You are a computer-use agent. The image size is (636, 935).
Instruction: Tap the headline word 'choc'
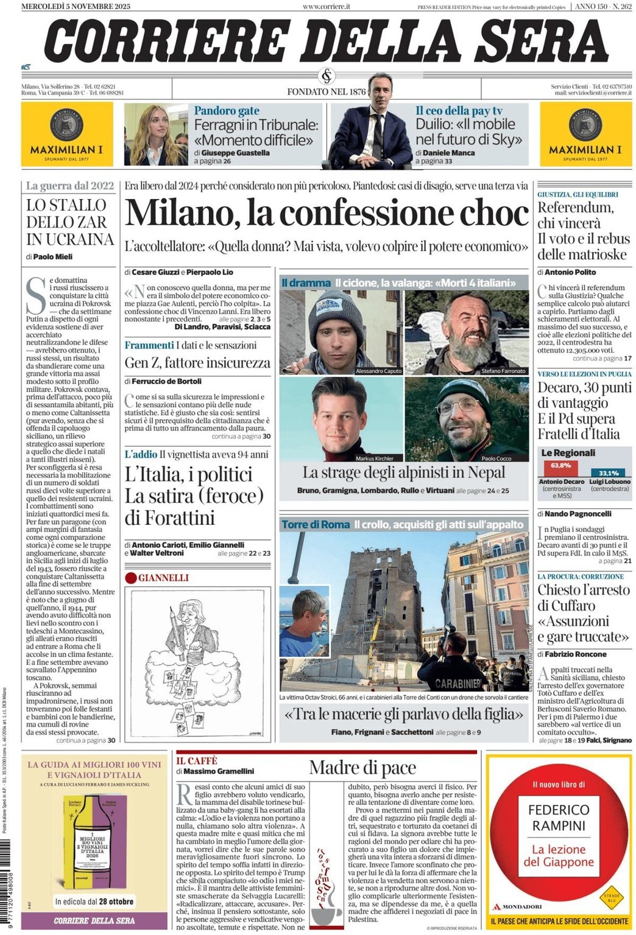click(x=494, y=214)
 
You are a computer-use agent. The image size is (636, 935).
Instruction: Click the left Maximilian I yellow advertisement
click(x=67, y=134)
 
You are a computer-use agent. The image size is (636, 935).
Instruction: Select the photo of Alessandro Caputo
click(x=341, y=332)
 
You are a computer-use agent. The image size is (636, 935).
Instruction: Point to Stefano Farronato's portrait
click(x=467, y=332)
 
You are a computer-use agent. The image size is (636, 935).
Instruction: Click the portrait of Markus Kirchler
click(x=341, y=419)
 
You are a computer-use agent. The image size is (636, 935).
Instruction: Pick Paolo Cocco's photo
click(x=467, y=419)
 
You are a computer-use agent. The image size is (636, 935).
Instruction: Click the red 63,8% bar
click(x=560, y=468)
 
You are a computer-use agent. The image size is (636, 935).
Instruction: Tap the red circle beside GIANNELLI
click(x=130, y=578)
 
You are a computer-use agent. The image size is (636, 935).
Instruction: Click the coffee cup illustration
click(x=327, y=911)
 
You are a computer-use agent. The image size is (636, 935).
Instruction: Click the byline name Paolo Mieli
click(x=52, y=257)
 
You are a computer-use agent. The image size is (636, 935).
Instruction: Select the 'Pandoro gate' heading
click(x=227, y=111)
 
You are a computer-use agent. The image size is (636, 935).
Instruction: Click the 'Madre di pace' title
click(x=362, y=768)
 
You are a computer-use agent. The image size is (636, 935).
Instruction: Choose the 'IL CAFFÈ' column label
click(x=197, y=761)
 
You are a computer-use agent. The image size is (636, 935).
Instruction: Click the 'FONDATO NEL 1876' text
click(x=327, y=92)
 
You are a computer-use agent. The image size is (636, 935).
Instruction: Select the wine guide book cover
click(x=93, y=842)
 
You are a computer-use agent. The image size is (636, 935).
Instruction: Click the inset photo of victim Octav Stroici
click(x=305, y=622)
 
